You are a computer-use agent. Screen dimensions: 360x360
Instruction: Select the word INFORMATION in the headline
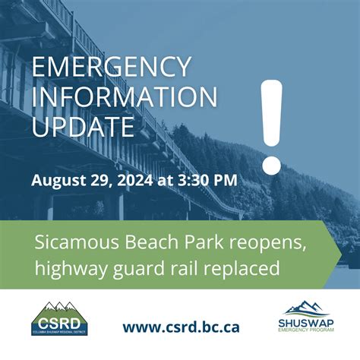[x=124, y=98]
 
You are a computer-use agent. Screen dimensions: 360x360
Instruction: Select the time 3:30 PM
[x=208, y=180]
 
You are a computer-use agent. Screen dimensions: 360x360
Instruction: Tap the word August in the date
[x=57, y=180]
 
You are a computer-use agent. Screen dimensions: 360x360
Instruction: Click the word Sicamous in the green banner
[x=70, y=242]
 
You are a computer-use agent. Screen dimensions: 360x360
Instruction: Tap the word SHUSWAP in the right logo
[x=305, y=322]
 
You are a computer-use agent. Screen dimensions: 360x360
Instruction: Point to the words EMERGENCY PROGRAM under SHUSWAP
[x=305, y=331]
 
